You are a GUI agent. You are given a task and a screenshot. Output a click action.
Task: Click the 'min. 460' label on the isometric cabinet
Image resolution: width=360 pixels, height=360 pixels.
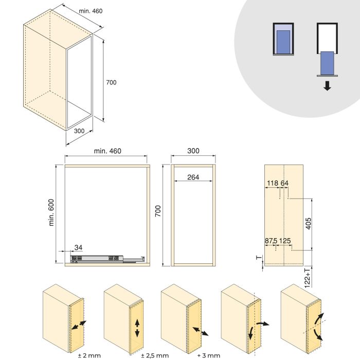coord(91,11)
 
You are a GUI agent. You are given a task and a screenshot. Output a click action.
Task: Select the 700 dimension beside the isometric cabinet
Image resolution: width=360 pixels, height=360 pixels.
coord(111,82)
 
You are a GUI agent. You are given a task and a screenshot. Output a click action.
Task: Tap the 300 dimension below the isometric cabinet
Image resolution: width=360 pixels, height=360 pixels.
coord(79,131)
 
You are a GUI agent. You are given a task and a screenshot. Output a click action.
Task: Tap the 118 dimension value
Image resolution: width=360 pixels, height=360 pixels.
coord(273,183)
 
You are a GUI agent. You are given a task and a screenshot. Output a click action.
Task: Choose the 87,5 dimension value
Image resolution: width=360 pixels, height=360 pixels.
coord(271,240)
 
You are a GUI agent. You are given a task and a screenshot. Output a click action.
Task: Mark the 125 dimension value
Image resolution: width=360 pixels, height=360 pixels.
coord(286,240)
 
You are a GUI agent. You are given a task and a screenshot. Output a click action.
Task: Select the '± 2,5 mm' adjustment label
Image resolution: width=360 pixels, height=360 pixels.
coord(154,355)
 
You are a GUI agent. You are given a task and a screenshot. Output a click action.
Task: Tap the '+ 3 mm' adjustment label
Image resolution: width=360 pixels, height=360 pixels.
coord(208,355)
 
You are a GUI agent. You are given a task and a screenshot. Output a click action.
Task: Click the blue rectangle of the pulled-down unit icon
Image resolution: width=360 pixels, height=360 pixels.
coord(327,63)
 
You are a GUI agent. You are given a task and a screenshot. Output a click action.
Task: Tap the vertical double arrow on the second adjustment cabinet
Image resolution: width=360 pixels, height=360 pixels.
coord(137,328)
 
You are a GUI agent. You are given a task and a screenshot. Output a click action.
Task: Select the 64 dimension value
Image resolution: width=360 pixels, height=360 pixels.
coord(284,183)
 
